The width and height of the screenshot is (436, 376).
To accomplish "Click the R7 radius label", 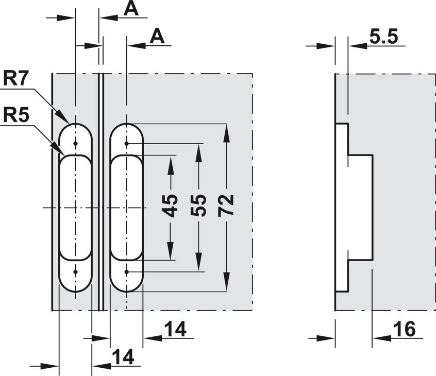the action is tap(16, 78).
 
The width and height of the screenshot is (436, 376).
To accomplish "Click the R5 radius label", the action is tap(16, 115).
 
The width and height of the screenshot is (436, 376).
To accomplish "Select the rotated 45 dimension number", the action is tap(170, 206).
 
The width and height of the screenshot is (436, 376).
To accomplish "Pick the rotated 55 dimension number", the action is tap(198, 206).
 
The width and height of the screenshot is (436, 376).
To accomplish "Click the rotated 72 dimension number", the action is tap(226, 206).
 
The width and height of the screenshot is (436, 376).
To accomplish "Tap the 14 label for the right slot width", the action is tap(175, 329).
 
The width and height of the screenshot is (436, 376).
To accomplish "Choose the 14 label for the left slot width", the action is tap(123, 357).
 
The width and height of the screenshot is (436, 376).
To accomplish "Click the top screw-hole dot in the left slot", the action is tap(75, 144).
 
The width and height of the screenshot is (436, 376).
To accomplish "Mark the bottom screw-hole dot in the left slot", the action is tap(75, 272).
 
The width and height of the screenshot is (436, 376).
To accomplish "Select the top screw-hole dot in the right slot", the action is tap(126, 144).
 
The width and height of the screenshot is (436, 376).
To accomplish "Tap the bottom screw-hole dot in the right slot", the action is tap(126, 272).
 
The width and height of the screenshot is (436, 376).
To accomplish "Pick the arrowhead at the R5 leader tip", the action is tap(58, 149).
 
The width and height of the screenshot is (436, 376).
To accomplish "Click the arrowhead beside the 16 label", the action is tap(382, 338).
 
